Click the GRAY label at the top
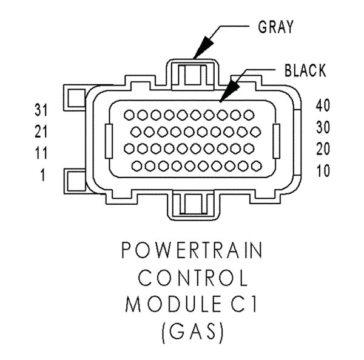point(276,27)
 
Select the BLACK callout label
point(305,70)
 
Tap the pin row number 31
point(41,110)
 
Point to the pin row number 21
point(41,132)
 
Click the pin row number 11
point(41,153)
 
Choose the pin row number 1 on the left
point(42,175)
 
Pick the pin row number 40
point(323,105)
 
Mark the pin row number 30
point(323,127)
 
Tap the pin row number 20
point(323,149)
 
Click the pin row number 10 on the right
point(323,171)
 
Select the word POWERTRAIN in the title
point(192,250)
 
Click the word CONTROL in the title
point(193,278)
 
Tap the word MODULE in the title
point(173,304)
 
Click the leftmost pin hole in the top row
point(129,115)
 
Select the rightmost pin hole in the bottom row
point(257,166)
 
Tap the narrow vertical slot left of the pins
point(109,141)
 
